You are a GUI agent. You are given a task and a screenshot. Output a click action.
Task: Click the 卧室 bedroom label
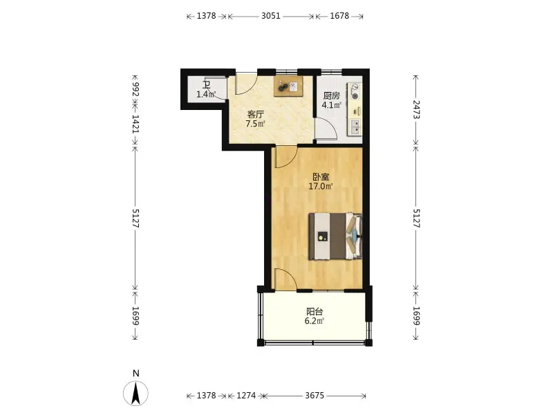pyautogui.click(x=321, y=176)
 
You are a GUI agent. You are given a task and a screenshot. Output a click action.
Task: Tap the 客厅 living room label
pyautogui.click(x=256, y=114)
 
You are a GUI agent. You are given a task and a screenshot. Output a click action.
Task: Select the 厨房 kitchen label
pyautogui.click(x=332, y=95)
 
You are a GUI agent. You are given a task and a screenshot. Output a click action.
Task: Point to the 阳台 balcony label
pyautogui.click(x=315, y=312)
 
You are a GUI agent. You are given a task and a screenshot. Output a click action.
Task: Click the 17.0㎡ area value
pyautogui.click(x=321, y=186)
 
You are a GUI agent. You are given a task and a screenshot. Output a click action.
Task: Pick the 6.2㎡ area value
pyautogui.click(x=315, y=321)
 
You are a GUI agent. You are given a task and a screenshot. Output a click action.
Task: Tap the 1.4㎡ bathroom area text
pyautogui.click(x=206, y=94)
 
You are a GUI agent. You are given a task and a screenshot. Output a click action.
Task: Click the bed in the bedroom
pyautogui.click(x=335, y=236)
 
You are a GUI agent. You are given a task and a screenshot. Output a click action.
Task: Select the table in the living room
pyautogui.click(x=288, y=86)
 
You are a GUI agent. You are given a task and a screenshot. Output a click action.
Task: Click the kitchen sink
pyautogui.click(x=355, y=127)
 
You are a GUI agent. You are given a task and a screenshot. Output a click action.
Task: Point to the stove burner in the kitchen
pyautogui.click(x=355, y=95)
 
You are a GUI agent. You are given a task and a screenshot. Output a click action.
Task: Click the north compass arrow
pyautogui.click(x=135, y=394)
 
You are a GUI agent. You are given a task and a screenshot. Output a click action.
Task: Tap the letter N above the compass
pyautogui.click(x=135, y=373)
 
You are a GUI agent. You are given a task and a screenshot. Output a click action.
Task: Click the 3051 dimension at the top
pyautogui.click(x=271, y=16)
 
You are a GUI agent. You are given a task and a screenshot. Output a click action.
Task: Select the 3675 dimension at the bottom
pyautogui.click(x=315, y=396)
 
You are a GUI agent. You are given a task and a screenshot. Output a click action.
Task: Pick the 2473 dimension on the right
pyautogui.click(x=416, y=109)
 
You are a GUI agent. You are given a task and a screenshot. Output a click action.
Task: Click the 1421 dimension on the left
pyautogui.click(x=135, y=124)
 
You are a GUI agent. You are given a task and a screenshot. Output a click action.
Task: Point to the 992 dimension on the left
pyautogui.click(x=135, y=89)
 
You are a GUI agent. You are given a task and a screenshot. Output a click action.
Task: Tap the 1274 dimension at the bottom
pyautogui.click(x=246, y=396)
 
